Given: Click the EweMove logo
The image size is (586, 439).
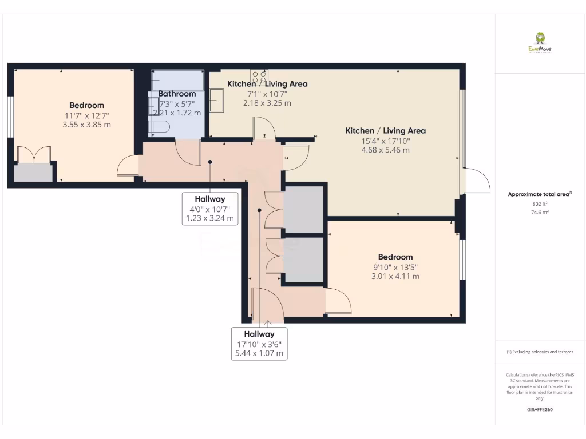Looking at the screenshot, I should point(540,43).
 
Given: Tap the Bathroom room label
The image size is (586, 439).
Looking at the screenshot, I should point(177,94).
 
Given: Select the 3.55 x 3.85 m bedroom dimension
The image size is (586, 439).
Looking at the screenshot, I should point(86,124).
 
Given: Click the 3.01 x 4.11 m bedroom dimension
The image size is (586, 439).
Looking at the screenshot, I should point(395,276).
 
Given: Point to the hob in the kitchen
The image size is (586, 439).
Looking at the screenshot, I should point(259,76).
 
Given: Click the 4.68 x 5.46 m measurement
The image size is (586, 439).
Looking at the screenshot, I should point(385,150).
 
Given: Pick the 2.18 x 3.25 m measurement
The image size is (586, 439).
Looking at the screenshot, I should point(267,103).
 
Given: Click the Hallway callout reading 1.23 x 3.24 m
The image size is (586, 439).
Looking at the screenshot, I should point(210,218).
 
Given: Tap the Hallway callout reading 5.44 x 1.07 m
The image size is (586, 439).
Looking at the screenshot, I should point(259,353).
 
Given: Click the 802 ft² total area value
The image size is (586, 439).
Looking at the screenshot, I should point(540,203).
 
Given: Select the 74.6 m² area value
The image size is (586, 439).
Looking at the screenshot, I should point(540,212).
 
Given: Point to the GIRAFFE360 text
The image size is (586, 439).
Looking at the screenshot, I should point(540,410).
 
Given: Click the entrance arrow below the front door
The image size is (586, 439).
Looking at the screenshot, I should point(268,324).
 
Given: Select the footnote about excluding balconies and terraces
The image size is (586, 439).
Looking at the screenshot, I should point(540,352).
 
